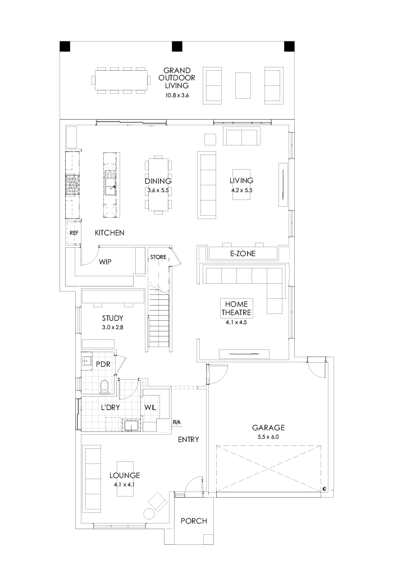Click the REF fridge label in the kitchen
click(x=73, y=232)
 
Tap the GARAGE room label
click(x=268, y=427)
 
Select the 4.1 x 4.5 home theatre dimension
click(x=235, y=322)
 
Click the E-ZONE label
click(x=243, y=254)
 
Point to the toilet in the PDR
click(x=104, y=386)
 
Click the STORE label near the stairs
click(x=158, y=257)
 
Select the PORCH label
click(x=194, y=521)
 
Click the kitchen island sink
click(x=109, y=182)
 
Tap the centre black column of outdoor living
click(x=177, y=45)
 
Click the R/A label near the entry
click(x=176, y=422)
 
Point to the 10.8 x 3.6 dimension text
click(x=177, y=95)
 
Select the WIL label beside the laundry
click(x=150, y=407)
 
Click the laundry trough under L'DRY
click(x=132, y=425)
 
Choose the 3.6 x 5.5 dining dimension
click(x=158, y=190)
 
